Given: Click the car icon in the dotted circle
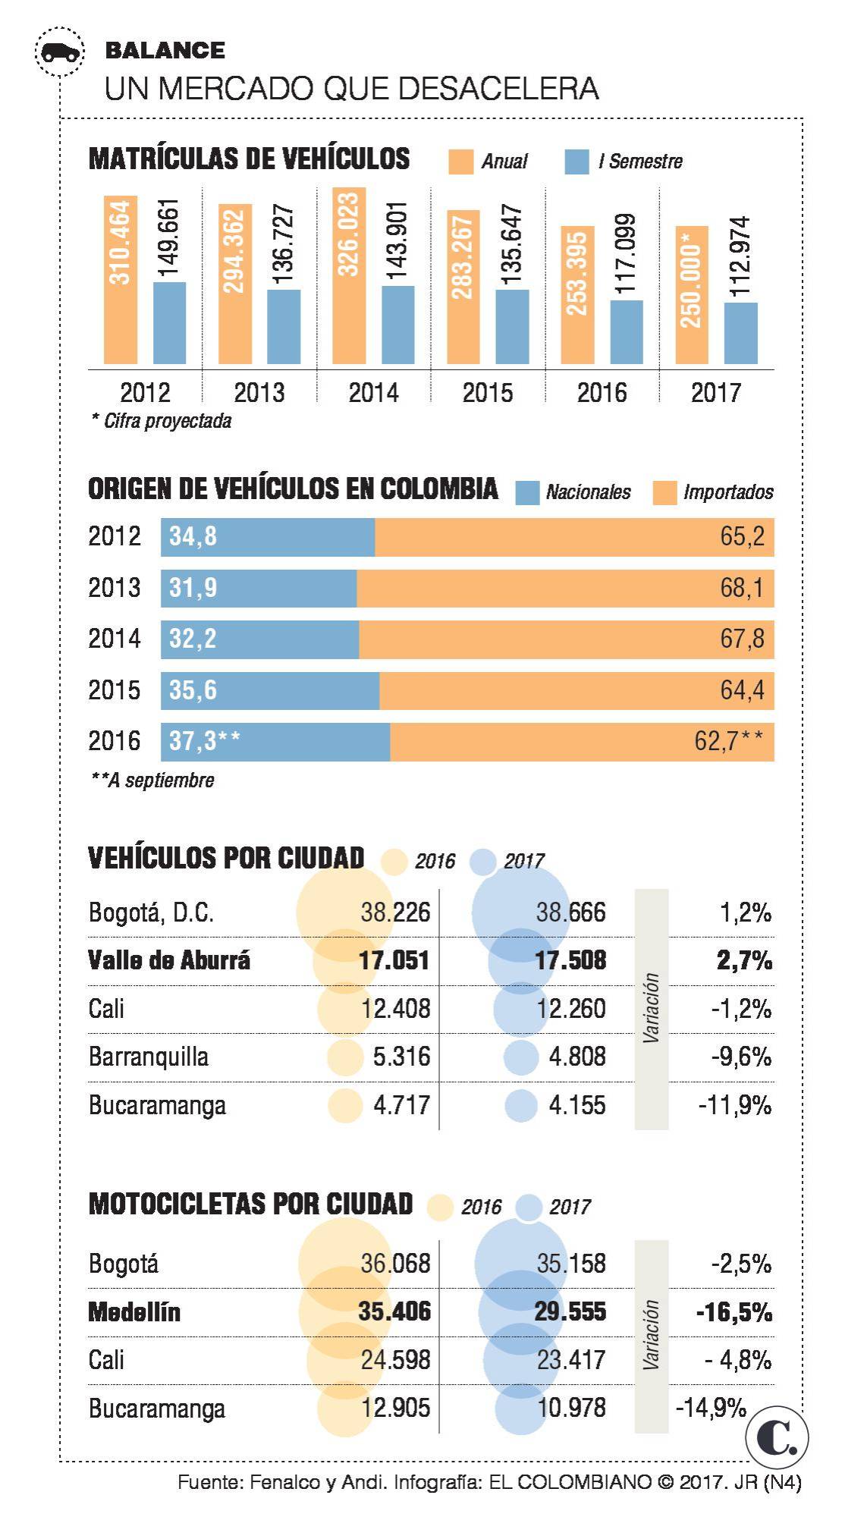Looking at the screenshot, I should click(59, 52).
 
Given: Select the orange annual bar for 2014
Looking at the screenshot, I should click(348, 277).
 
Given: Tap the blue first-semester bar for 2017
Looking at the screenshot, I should click(740, 334).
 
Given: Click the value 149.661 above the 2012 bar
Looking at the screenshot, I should click(169, 238).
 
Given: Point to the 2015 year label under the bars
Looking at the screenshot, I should click(488, 392).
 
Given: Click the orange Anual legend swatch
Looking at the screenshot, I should click(460, 162).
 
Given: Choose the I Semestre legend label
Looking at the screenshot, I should click(639, 162).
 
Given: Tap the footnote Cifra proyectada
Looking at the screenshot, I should click(162, 421).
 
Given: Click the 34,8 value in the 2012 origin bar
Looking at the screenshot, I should click(193, 536).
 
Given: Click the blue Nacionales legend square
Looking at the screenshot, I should click(527, 493).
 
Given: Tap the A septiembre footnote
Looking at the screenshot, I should click(152, 780).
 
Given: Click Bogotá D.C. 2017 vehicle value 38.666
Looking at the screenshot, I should click(570, 912).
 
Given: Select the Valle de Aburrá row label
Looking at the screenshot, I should click(169, 960).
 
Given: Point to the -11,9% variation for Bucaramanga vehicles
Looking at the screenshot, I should click(734, 1105).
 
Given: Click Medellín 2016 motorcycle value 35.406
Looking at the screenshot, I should click(394, 1311).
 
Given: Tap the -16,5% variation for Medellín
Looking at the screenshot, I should click(734, 1311).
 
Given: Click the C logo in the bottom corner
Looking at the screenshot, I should click(777, 1437).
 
